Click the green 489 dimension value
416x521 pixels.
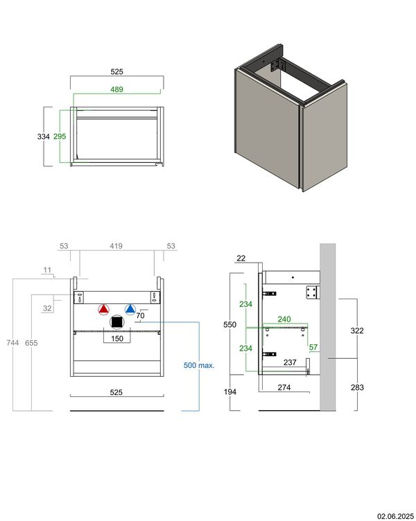click(x=116, y=89)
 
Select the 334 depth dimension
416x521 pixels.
click(x=43, y=136)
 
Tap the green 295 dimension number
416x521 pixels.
click(x=60, y=136)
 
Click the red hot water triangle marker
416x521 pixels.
click(x=104, y=310)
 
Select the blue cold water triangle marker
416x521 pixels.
click(x=130, y=310)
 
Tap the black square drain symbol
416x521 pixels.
click(x=117, y=322)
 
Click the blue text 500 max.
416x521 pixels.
click(x=199, y=364)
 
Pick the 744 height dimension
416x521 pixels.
click(x=12, y=343)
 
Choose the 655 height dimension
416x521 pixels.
click(x=31, y=343)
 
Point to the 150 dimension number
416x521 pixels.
click(x=116, y=339)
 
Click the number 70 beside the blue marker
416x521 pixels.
click(x=140, y=316)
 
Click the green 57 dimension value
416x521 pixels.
click(x=313, y=348)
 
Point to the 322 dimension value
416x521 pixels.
click(x=357, y=331)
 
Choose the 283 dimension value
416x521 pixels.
click(x=357, y=387)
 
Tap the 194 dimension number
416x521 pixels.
click(x=232, y=392)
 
